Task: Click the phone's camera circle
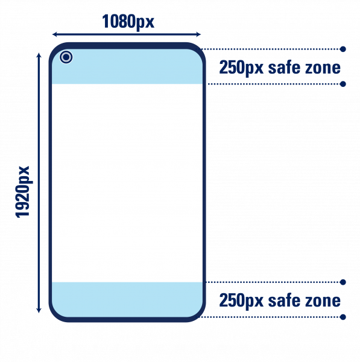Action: (66, 57)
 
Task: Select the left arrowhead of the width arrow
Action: (55, 34)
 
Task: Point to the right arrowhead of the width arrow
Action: (198, 34)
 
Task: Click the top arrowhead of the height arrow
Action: (39, 56)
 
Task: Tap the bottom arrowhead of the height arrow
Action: (39, 310)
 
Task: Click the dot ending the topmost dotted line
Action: (343, 49)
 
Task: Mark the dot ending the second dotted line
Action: (343, 84)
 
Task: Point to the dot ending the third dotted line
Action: (343, 282)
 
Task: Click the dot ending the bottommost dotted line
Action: (343, 317)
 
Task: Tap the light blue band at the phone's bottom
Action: (127, 299)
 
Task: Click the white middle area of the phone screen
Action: (127, 183)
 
